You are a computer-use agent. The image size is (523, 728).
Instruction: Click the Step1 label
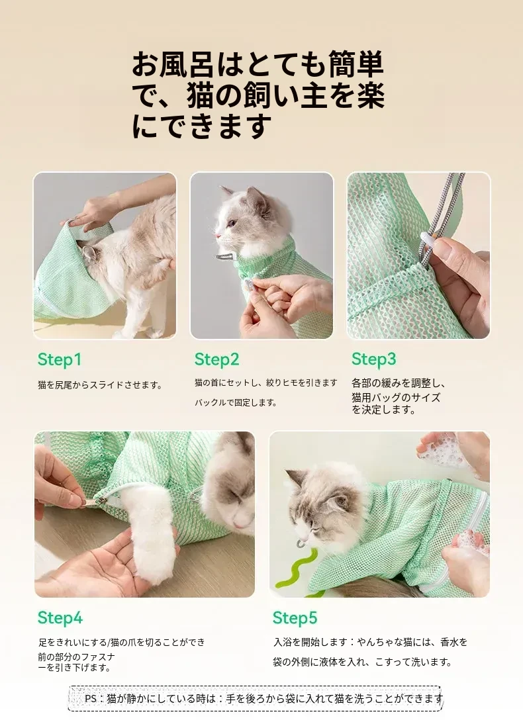pyautogui.click(x=60, y=359)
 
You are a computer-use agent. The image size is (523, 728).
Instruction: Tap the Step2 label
pyautogui.click(x=217, y=359)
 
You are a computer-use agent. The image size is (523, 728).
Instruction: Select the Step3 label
pyautogui.click(x=374, y=359)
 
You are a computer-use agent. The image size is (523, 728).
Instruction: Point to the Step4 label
pyautogui.click(x=60, y=618)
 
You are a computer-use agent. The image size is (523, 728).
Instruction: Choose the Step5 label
pyautogui.click(x=295, y=618)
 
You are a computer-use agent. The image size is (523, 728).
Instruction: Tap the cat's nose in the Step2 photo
pyautogui.click(x=217, y=236)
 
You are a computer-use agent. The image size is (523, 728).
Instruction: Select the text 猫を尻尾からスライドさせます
pyautogui.click(x=101, y=385)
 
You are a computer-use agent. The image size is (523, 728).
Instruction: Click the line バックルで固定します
pyautogui.click(x=236, y=402)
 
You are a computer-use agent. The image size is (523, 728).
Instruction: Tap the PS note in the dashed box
pyautogui.click(x=263, y=699)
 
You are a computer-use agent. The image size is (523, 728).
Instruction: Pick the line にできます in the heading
pyautogui.click(x=201, y=126)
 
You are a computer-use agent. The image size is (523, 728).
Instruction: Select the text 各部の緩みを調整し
pyautogui.click(x=399, y=383)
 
